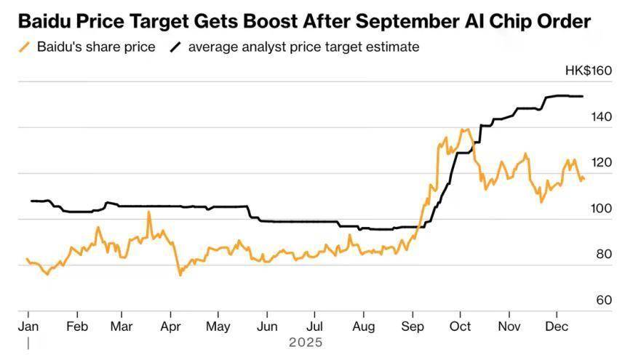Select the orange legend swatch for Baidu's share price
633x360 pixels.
point(25,48)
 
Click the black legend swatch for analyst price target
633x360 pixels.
point(175,48)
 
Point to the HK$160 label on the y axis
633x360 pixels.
point(588,71)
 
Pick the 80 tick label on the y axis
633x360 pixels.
point(604,254)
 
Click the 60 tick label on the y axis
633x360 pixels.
point(604,300)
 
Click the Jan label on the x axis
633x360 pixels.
point(28,327)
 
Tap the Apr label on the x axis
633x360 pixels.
point(170,327)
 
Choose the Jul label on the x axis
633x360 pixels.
point(314,327)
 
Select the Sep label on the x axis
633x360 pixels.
point(413,327)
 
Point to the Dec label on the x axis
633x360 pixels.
point(556,327)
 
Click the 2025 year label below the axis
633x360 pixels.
point(306,342)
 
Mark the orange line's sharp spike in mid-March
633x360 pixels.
point(148,212)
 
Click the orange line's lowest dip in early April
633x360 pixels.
point(179,275)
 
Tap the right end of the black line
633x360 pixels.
point(583,96)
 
